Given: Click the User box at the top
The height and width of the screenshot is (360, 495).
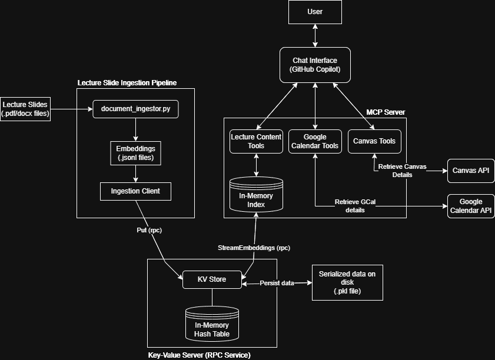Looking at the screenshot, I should tap(315, 12).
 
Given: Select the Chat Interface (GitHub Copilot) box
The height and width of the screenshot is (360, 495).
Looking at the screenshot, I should tap(315, 65).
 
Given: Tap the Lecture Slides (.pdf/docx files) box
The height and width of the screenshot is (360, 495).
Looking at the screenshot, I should tap(26, 109).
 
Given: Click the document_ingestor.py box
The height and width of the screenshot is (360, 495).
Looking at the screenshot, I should tap(135, 109).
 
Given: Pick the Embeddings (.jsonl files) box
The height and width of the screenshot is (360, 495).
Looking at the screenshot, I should tap(135, 153).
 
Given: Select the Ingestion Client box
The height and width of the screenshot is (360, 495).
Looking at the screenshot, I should tap(135, 191).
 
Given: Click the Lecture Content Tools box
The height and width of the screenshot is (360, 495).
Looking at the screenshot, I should tap(256, 141).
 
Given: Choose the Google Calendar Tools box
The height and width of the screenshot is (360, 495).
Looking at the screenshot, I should tap(315, 141).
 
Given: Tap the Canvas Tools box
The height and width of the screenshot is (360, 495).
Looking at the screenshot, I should tap(374, 141).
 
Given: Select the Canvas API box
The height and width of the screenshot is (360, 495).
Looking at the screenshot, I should tap(470, 171).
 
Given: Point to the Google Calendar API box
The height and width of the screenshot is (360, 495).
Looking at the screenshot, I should tap(470, 206).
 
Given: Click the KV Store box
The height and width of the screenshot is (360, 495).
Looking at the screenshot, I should tap(212, 279).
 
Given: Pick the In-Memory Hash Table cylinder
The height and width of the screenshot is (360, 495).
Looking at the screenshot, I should tap(212, 324).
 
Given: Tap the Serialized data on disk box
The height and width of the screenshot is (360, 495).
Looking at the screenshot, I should tap(347, 282).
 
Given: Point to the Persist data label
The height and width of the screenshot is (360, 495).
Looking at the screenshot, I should tap(277, 283).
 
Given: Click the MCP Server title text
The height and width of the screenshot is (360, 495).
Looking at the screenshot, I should tap(386, 112).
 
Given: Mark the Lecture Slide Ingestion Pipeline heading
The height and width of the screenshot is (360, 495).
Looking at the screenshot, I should tap(127, 83).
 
